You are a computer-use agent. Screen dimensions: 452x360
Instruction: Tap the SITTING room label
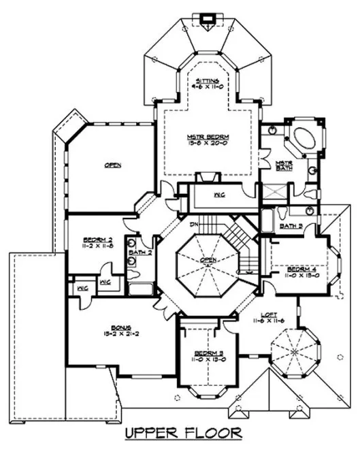pos(202,80)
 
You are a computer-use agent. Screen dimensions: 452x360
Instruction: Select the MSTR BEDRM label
pos(202,136)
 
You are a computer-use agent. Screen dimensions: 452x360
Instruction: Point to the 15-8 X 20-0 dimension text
pos(202,144)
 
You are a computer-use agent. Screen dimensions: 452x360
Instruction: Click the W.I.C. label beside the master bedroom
pos(220,196)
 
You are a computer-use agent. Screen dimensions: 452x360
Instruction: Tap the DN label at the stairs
pos(193,225)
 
